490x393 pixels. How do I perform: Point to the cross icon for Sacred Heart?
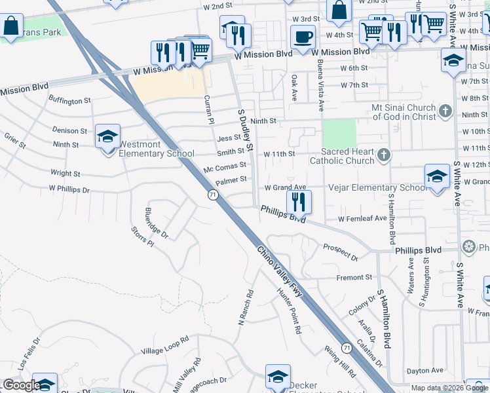click(x=384, y=155)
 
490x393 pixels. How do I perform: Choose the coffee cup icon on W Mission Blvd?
click(x=303, y=38)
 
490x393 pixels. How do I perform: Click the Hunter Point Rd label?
click(x=288, y=311)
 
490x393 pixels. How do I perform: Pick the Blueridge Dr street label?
click(x=156, y=223)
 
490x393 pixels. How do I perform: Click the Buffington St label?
click(x=69, y=101)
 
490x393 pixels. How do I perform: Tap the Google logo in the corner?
click(x=21, y=386)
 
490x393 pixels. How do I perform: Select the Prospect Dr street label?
click(x=340, y=250)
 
